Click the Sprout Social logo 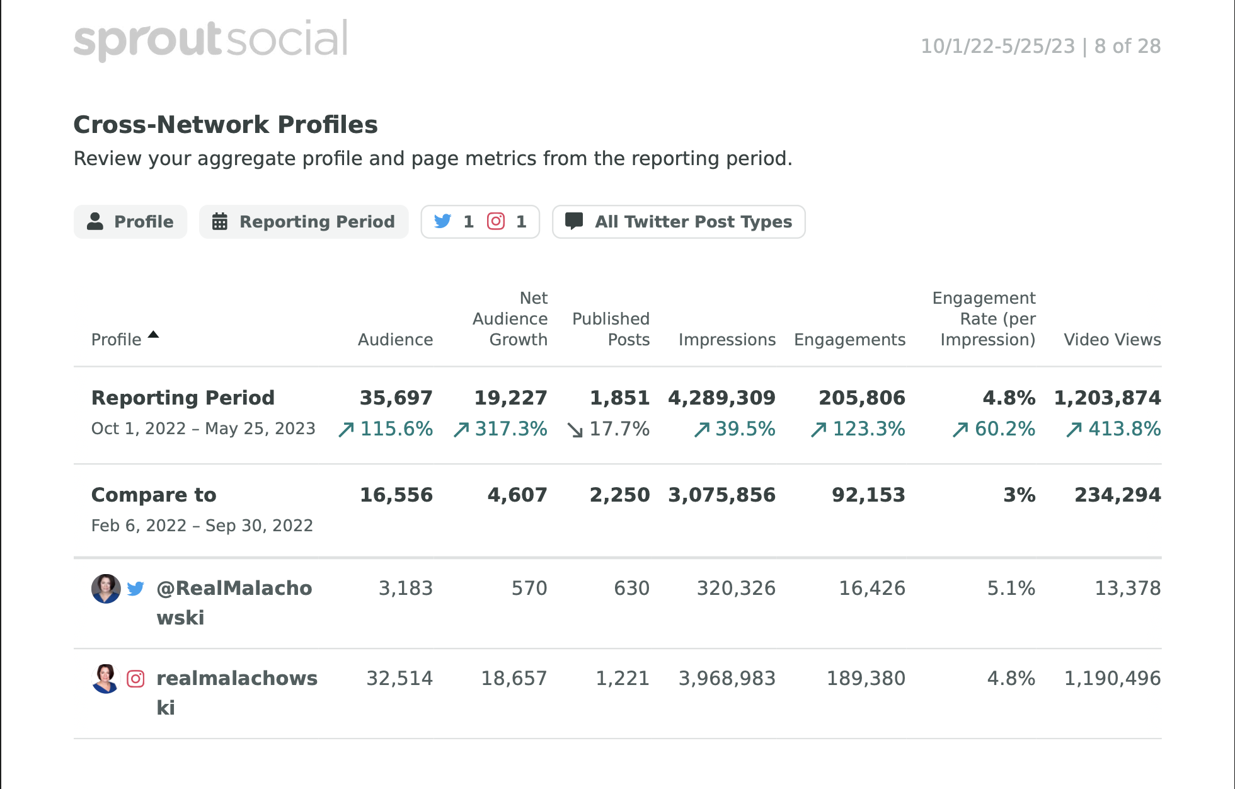pyautogui.click(x=210, y=39)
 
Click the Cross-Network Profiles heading pyautogui.click(x=226, y=125)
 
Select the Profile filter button pyautogui.click(x=130, y=222)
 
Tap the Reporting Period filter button pyautogui.click(x=304, y=222)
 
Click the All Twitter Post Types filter pyautogui.click(x=679, y=222)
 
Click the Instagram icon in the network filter pyautogui.click(x=496, y=221)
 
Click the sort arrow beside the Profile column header pyautogui.click(x=153, y=335)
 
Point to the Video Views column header pyautogui.click(x=1112, y=340)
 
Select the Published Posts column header pyautogui.click(x=611, y=329)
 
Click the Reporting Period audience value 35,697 pyautogui.click(x=396, y=398)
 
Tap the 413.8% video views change pyautogui.click(x=1113, y=429)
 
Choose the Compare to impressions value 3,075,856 pyautogui.click(x=721, y=495)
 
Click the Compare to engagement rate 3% pyautogui.click(x=1019, y=495)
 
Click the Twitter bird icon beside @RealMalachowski pyautogui.click(x=135, y=589)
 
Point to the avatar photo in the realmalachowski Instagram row pyautogui.click(x=106, y=679)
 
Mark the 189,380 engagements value pyautogui.click(x=866, y=678)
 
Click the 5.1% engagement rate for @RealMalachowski pyautogui.click(x=1011, y=588)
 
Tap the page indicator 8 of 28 pyautogui.click(x=1127, y=46)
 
